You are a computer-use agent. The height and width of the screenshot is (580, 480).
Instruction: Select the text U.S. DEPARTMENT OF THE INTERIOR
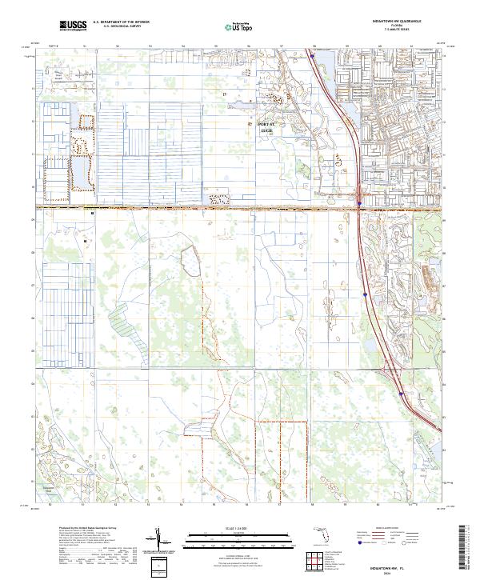tap(122, 22)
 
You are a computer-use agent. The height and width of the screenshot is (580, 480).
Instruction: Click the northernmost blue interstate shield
tap(311, 57)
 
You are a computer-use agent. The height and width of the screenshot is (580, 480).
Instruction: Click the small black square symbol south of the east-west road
tap(94, 214)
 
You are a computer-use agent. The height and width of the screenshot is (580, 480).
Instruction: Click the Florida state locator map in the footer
tap(321, 538)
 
